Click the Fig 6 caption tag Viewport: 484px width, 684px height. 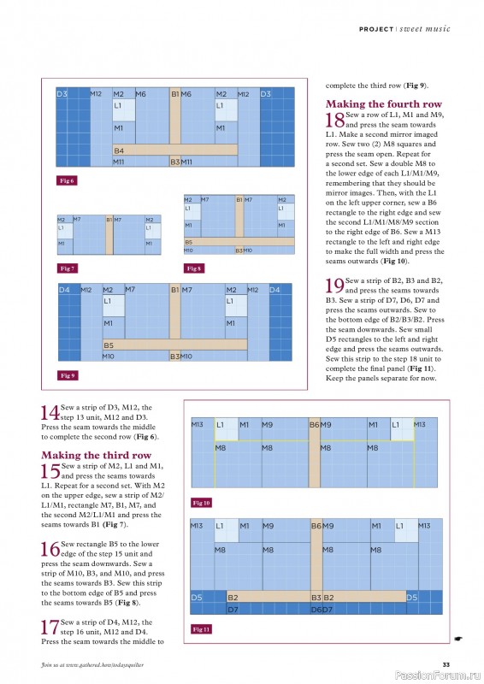[x=67, y=180]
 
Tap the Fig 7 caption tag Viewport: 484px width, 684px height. [x=67, y=268]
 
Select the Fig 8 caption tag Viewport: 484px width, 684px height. [x=193, y=268]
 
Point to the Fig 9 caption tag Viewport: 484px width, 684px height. [x=68, y=375]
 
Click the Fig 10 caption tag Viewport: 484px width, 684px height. [x=201, y=503]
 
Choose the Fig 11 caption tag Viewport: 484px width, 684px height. [x=201, y=629]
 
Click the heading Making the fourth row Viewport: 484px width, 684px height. [x=384, y=103]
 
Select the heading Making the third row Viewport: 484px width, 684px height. [x=96, y=455]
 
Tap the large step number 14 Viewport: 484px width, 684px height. [x=50, y=413]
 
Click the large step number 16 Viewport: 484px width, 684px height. [x=50, y=549]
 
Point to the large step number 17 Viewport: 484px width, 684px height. [x=50, y=628]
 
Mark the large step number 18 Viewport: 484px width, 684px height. [x=334, y=120]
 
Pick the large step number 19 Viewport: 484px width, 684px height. [x=334, y=286]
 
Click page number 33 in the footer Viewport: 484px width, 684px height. [x=446, y=665]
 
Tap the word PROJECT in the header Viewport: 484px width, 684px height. [x=376, y=29]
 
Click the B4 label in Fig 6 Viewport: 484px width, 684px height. [x=119, y=150]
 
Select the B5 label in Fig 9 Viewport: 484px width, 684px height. [x=109, y=345]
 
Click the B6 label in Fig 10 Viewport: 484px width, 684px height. [x=314, y=424]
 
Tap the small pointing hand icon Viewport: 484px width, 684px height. [x=457, y=639]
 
